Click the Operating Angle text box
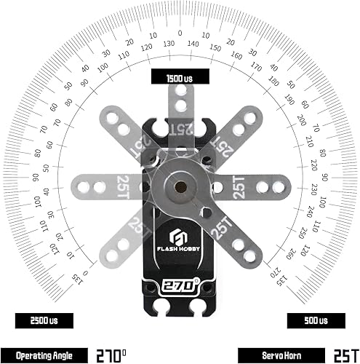click(43, 355)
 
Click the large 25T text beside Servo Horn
click(343, 355)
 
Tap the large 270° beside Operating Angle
click(114, 355)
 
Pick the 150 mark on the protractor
click(216, 48)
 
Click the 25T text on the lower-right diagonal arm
click(220, 228)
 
